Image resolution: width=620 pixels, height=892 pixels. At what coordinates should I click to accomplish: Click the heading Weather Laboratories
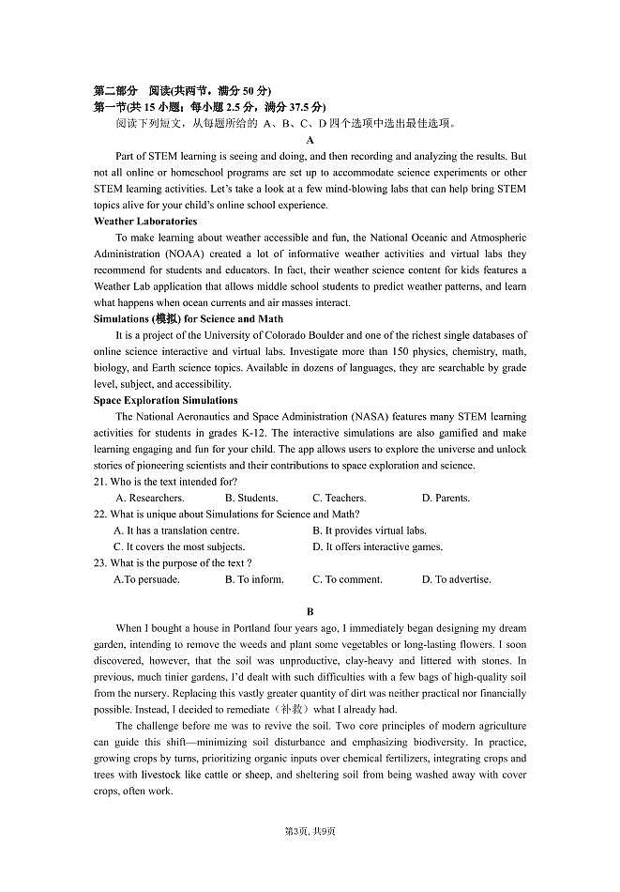click(x=145, y=222)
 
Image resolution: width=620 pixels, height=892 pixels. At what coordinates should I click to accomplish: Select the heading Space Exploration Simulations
click(x=165, y=400)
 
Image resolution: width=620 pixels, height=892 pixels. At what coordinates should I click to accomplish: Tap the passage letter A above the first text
click(x=310, y=140)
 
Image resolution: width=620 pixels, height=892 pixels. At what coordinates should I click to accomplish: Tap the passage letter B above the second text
click(x=310, y=611)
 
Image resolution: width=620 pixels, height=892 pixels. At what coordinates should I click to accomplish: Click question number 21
click(x=100, y=482)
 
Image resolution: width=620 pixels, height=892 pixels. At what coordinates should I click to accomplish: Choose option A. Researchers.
click(x=149, y=498)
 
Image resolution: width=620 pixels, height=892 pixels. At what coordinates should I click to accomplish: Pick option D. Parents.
click(x=446, y=498)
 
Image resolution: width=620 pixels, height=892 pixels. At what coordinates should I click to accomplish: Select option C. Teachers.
click(x=339, y=498)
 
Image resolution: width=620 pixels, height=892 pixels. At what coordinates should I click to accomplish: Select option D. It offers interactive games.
click(x=377, y=546)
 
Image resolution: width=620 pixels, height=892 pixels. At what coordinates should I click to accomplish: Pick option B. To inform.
click(x=254, y=579)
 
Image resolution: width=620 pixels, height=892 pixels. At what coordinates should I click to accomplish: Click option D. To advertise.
click(x=456, y=579)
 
